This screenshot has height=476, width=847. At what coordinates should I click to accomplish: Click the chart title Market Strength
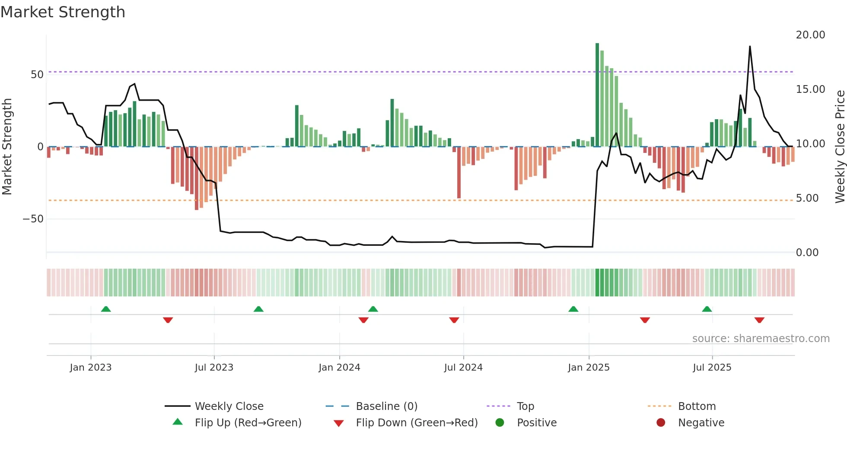[63, 12]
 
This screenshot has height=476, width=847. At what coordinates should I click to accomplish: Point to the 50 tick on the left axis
[37, 75]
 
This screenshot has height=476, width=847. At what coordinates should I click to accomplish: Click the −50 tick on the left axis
[33, 219]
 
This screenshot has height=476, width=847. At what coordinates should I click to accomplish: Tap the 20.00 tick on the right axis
[810, 35]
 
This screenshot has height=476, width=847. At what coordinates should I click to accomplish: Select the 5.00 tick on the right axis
[807, 198]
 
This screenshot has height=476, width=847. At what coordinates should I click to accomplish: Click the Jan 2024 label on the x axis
[339, 368]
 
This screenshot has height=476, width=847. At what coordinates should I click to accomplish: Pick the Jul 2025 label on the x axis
[712, 368]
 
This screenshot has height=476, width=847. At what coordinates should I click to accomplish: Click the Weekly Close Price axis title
[840, 147]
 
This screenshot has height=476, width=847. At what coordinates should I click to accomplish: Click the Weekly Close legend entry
[229, 406]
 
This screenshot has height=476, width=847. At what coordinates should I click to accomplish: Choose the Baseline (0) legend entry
[386, 406]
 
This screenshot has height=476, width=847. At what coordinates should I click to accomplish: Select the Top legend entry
[525, 406]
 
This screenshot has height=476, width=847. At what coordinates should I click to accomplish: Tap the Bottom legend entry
[697, 406]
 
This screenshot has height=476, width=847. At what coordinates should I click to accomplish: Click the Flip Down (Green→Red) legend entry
[416, 423]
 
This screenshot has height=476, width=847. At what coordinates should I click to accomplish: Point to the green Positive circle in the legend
[500, 423]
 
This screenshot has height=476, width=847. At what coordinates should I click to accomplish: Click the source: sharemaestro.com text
[761, 339]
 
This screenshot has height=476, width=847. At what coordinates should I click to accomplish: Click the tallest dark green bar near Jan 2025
[597, 95]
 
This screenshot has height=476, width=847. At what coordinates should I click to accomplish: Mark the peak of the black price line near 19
[750, 47]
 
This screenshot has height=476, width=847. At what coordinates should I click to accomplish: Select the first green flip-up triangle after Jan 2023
[106, 309]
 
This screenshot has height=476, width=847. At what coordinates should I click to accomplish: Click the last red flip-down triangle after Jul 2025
[759, 320]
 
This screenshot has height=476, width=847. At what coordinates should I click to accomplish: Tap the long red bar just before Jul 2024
[459, 173]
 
